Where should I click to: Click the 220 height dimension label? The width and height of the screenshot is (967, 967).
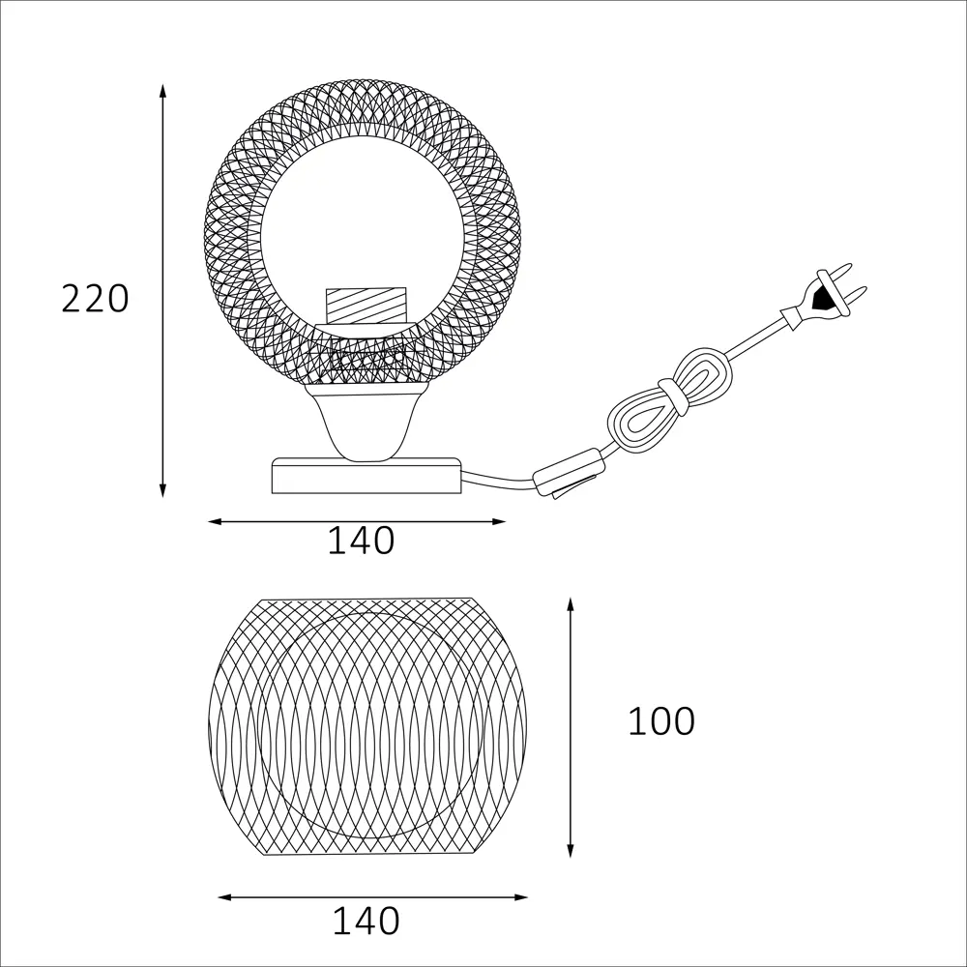pyautogui.click(x=95, y=299)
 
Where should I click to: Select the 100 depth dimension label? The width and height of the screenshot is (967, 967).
pyautogui.click(x=661, y=721)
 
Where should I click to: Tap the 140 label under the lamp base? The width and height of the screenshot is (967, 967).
pyautogui.click(x=361, y=541)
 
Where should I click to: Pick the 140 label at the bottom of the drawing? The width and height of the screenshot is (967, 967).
pyautogui.click(x=366, y=922)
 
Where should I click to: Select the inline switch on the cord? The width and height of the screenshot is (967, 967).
pyautogui.click(x=568, y=474)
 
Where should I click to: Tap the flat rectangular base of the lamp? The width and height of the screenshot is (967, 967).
pyautogui.click(x=366, y=476)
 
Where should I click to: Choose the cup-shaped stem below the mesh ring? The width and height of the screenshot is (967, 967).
pyautogui.click(x=366, y=422)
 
